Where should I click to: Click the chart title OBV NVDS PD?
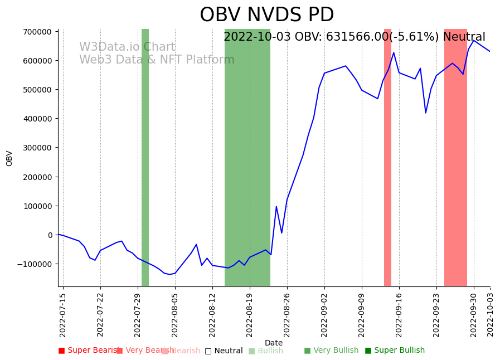(266, 15)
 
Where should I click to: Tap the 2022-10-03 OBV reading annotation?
(354, 37)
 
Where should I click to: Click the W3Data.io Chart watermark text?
(127, 47)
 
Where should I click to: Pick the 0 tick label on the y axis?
(50, 235)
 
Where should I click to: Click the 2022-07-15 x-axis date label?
(63, 315)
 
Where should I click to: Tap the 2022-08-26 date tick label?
(287, 315)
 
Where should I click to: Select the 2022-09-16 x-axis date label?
(399, 315)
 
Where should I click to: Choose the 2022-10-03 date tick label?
(491, 315)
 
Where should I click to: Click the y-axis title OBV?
(9, 158)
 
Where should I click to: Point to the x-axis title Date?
(274, 343)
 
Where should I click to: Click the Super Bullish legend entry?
(395, 351)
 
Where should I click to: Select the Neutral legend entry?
(224, 351)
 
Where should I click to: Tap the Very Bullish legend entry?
(331, 351)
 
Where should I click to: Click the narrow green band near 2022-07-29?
(145, 157)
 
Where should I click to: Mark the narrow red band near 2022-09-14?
(387, 157)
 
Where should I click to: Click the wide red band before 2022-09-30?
(455, 157)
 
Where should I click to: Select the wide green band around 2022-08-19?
(247, 157)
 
